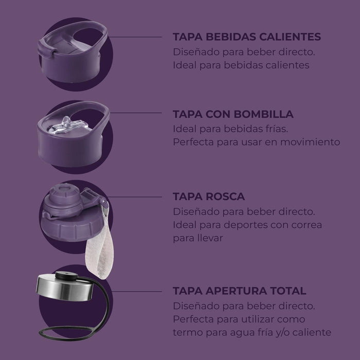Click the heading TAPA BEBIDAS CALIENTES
247,37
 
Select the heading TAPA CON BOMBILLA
233,114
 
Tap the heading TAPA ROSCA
209,196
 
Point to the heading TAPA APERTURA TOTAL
240,291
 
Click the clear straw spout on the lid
66,125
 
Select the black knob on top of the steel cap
66,276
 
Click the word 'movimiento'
310,142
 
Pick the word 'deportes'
245,225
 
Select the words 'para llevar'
198,238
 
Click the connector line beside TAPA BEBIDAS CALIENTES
135,37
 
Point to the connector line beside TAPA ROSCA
135,197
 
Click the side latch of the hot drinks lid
46,48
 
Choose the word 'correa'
307,225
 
